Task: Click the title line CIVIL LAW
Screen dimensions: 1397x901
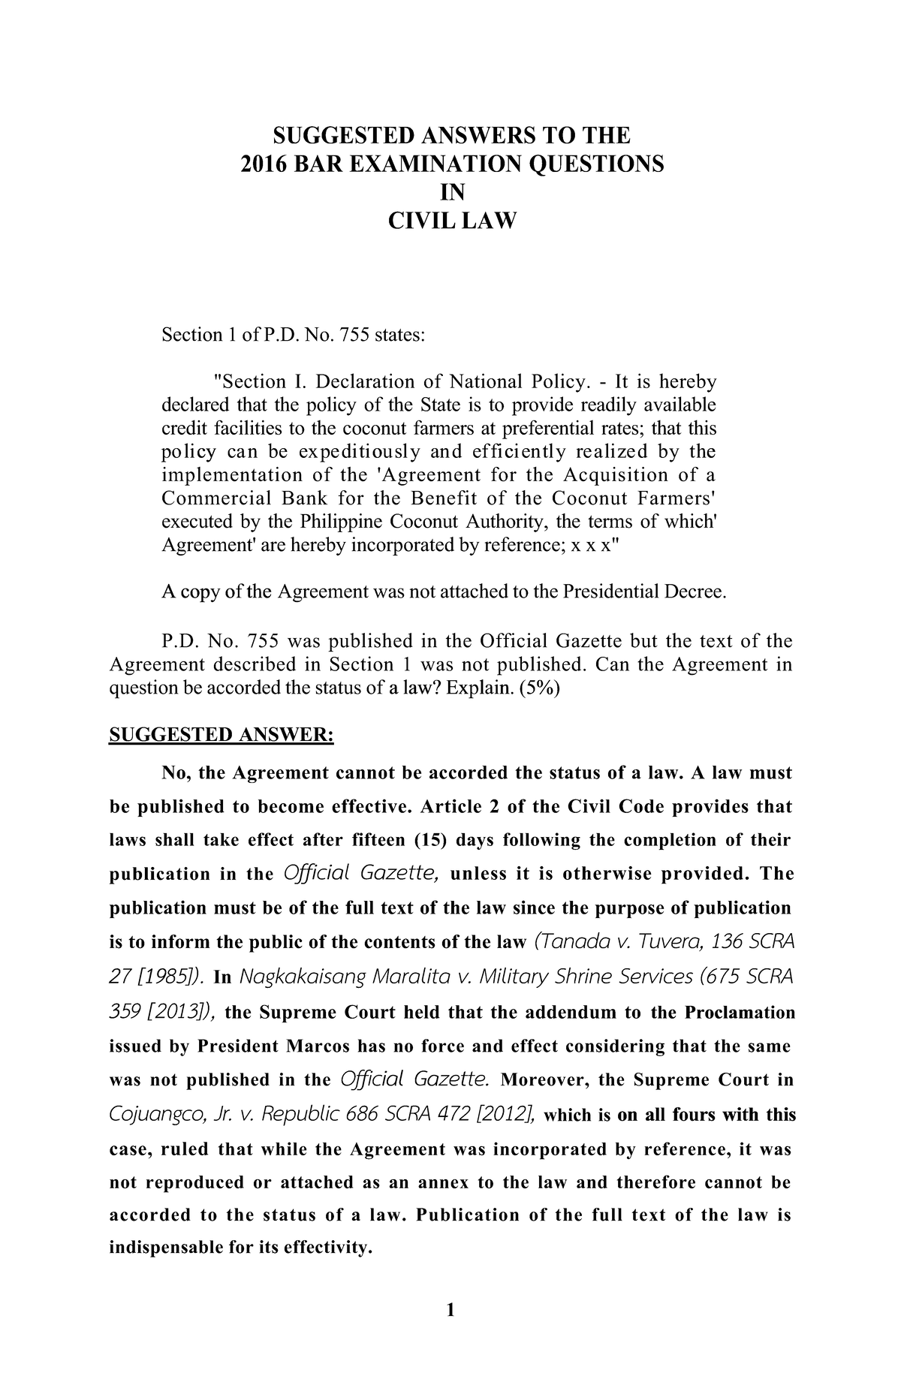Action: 451,221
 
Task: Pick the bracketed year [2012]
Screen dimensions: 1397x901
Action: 500,1115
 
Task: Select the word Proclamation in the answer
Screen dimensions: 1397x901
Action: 740,1013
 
